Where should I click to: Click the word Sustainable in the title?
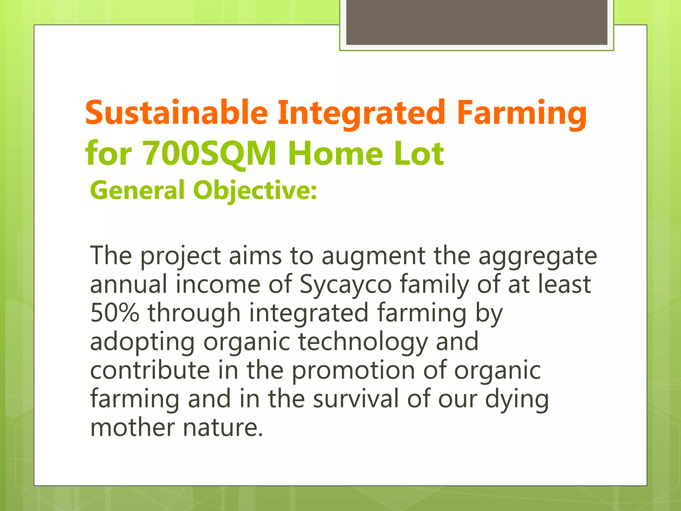coord(176,113)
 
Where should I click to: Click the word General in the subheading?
coord(137,190)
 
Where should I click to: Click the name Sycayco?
coord(346,285)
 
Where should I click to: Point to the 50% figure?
coord(114,313)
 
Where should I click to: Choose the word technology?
coord(363,342)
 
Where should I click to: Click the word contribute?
coord(150,370)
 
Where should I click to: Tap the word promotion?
coord(353,371)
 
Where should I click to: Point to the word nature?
coord(223,428)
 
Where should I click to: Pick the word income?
coord(218,285)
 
